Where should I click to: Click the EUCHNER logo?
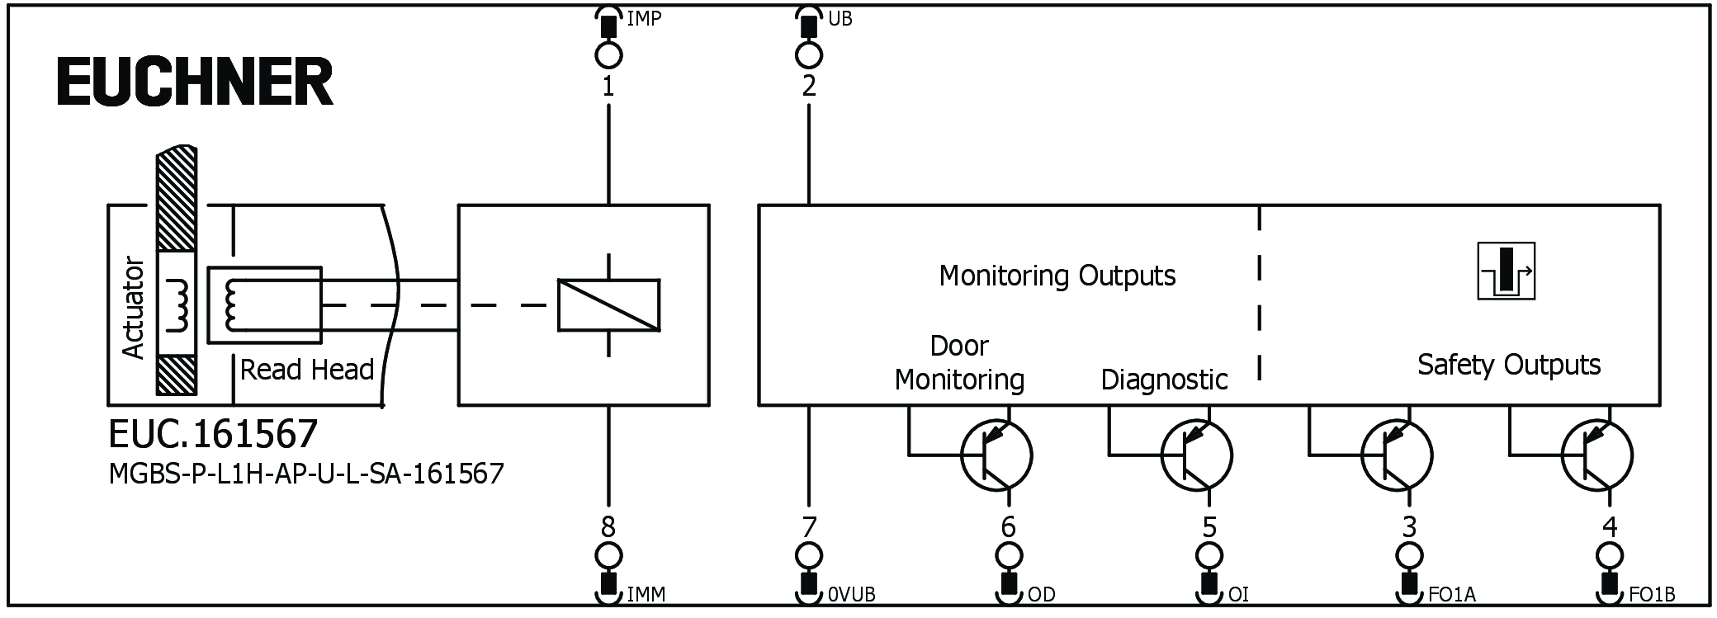point(195,82)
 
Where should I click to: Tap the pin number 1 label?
point(608,86)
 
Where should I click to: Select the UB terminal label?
point(840,18)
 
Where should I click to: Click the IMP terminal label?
point(644,18)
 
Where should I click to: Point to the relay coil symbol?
point(608,305)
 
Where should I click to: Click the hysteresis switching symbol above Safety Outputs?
point(1506,271)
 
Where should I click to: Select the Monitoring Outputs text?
point(1057,276)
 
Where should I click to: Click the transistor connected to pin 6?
point(996,455)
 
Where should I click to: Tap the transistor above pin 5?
point(1196,455)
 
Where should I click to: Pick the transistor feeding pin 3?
point(1396,455)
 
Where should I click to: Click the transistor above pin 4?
point(1596,455)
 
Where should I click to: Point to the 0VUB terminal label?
point(850,594)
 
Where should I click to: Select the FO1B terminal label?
point(1652,594)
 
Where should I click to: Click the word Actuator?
point(133,309)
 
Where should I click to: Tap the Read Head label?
point(306,370)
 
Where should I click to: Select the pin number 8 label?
point(608,526)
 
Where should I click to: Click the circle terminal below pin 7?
point(808,555)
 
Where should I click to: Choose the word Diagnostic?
point(1164,380)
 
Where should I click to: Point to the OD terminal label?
point(1041,594)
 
